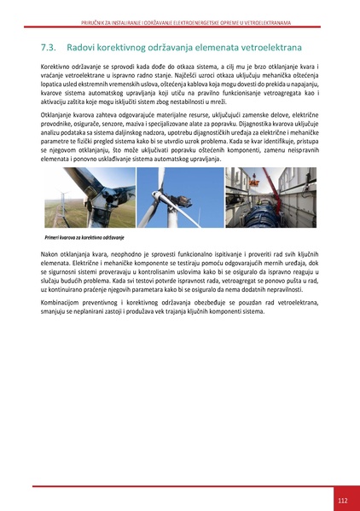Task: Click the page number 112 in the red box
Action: [341, 499]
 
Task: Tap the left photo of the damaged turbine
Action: [88, 197]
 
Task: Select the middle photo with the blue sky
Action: [180, 197]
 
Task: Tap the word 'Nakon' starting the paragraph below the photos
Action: [50, 255]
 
